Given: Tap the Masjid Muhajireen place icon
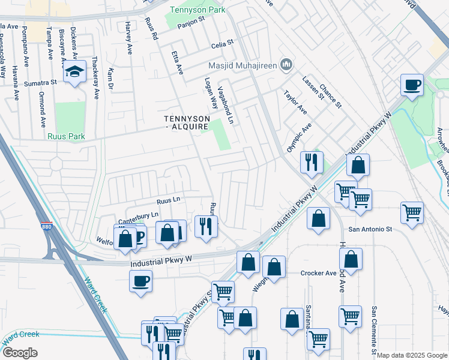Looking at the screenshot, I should (286, 64).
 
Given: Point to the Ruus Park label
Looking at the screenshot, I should (67, 136).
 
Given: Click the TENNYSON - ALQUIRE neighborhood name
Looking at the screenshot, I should (187, 122).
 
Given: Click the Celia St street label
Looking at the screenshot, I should (221, 46).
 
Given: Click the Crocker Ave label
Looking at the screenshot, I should (318, 273).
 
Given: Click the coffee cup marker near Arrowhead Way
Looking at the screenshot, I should (412, 85).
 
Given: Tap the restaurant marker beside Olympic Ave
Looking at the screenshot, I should (311, 163).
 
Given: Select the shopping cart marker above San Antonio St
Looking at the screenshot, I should (412, 212).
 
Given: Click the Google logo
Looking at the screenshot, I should (20, 352).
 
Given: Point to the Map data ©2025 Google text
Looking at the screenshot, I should (412, 355).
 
